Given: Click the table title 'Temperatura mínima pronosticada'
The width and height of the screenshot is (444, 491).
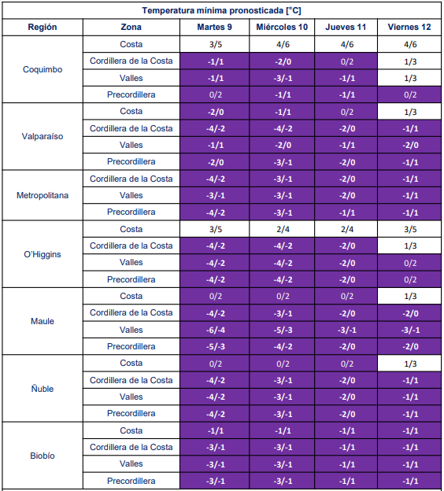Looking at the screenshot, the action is tap(213, 11).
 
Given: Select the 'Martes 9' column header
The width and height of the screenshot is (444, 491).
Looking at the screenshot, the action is tap(215, 28).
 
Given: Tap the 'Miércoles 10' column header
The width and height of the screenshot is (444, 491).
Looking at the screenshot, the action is tap(282, 28).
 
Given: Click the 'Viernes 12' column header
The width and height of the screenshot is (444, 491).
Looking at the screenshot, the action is tap(409, 28).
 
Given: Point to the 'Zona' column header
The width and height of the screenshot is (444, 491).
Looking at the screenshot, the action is tap(131, 28).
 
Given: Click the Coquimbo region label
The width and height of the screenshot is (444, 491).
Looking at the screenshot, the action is tap(43, 69).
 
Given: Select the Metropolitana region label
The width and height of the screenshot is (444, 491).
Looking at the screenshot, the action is tap(43, 195).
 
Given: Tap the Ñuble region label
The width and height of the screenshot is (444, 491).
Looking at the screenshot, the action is tap(43, 389).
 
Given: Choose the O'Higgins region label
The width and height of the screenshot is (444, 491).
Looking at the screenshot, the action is tap(43, 254).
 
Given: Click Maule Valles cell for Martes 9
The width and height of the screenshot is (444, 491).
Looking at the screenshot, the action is tap(215, 330).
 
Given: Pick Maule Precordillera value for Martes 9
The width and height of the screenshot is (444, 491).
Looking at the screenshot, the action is tap(215, 347).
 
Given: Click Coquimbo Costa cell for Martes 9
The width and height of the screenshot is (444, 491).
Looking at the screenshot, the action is tap(215, 44).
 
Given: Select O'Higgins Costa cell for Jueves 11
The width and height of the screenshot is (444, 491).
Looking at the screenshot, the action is tap(346, 229).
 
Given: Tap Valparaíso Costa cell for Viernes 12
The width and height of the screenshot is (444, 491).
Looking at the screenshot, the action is tap(409, 112).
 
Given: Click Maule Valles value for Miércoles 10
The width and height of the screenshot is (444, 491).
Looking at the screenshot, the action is tap(283, 330).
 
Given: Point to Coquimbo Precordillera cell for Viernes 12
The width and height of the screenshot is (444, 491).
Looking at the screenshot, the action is tap(409, 94).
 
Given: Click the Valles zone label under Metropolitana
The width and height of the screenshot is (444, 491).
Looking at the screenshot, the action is tap(131, 195).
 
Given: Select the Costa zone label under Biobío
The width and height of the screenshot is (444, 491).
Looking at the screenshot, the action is tap(131, 430).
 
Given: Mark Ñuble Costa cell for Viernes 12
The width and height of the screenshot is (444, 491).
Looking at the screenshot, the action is tap(409, 364).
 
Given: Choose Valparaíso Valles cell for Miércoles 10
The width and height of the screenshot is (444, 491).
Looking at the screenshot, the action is tap(283, 146).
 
